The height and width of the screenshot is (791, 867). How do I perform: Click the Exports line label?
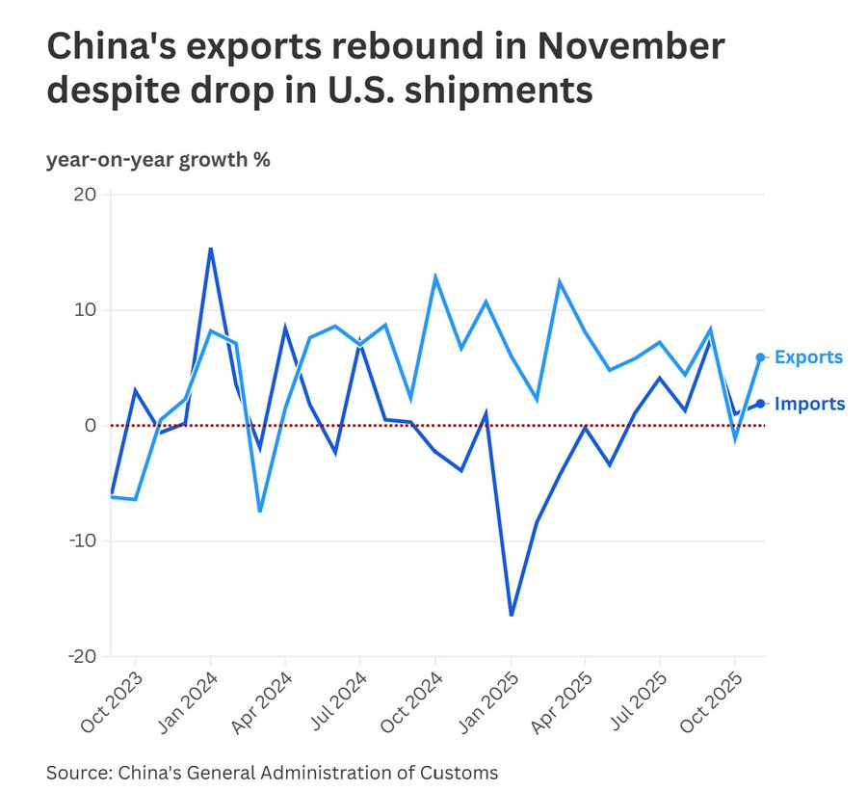pyautogui.click(x=808, y=357)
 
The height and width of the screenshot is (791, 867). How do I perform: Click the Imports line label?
pyautogui.click(x=809, y=404)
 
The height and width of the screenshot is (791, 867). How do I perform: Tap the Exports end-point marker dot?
pyautogui.click(x=760, y=357)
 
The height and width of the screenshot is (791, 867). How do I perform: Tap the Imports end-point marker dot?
pyautogui.click(x=760, y=404)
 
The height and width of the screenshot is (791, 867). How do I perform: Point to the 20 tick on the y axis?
pyautogui.click(x=84, y=194)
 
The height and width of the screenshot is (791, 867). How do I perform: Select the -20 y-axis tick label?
pyautogui.click(x=81, y=656)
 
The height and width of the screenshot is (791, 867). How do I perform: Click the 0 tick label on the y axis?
pyautogui.click(x=90, y=425)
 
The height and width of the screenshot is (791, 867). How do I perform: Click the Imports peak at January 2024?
pyautogui.click(x=210, y=249)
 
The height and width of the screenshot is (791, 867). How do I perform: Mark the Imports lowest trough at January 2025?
pyautogui.click(x=511, y=615)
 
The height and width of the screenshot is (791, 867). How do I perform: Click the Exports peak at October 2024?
pyautogui.click(x=435, y=277)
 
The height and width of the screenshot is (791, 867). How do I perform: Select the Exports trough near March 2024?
pyautogui.click(x=260, y=511)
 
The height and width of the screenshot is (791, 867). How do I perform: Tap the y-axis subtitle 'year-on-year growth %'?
pyautogui.click(x=158, y=159)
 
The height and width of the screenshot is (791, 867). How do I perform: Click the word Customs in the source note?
pyautogui.click(x=462, y=772)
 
